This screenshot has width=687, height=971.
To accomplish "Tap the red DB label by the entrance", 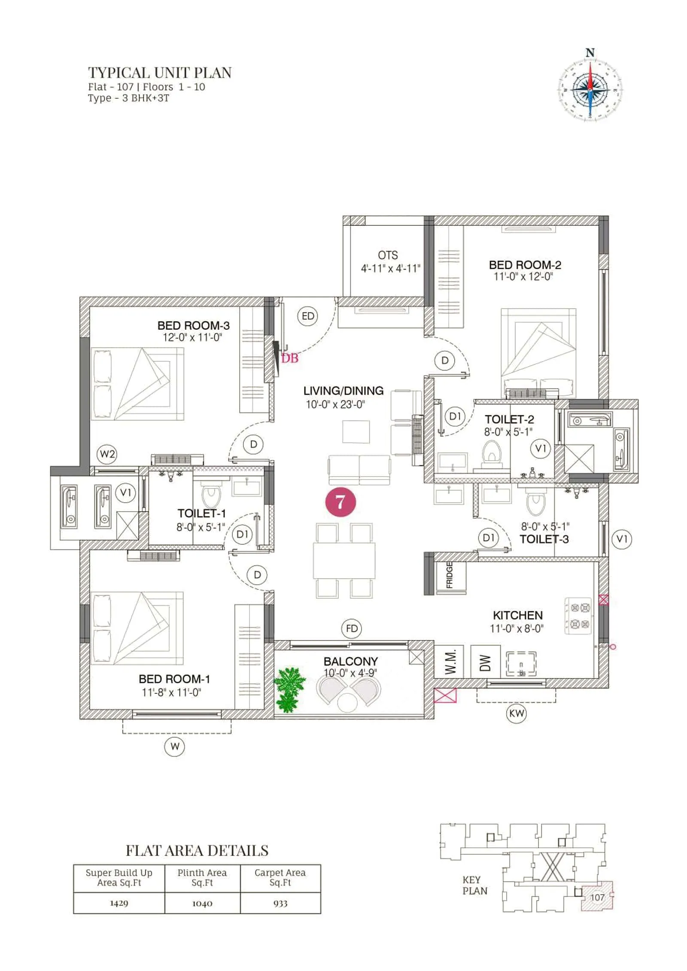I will pyautogui.click(x=289, y=358).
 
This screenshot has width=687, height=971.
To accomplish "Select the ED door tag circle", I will pyautogui.click(x=308, y=316).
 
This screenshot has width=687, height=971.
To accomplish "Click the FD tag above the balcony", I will pyautogui.click(x=352, y=628).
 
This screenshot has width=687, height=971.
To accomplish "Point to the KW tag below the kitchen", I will pyautogui.click(x=516, y=713).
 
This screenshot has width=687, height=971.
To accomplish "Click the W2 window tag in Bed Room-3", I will pyautogui.click(x=107, y=454).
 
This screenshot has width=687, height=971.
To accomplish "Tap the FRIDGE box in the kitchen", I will pyautogui.click(x=450, y=574).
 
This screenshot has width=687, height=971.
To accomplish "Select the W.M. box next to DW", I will pyautogui.click(x=449, y=661).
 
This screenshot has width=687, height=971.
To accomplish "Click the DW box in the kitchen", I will pyautogui.click(x=485, y=661).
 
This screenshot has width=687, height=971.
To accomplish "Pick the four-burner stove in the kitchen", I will pyautogui.click(x=578, y=616).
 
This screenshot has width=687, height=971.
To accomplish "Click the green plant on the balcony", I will pyautogui.click(x=289, y=689).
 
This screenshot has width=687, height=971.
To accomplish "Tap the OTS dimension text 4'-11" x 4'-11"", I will pyautogui.click(x=390, y=269).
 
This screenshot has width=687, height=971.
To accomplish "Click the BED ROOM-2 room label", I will pyautogui.click(x=525, y=265).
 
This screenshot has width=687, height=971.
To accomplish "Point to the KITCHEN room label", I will pyautogui.click(x=517, y=615).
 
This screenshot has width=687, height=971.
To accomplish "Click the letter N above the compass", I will pyautogui.click(x=590, y=53).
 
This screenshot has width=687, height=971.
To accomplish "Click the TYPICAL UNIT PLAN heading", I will pyautogui.click(x=160, y=73).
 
